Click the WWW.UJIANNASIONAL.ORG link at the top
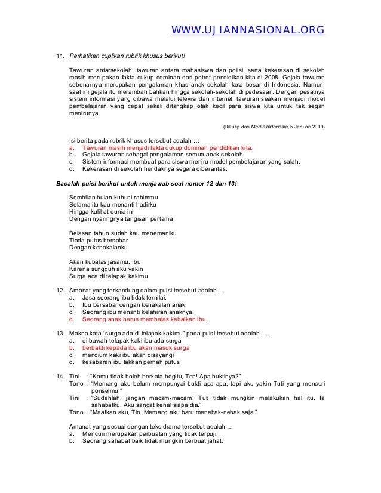point(248,30)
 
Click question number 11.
point(60,57)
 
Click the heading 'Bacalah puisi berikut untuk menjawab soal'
point(146,184)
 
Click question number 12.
point(60,291)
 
